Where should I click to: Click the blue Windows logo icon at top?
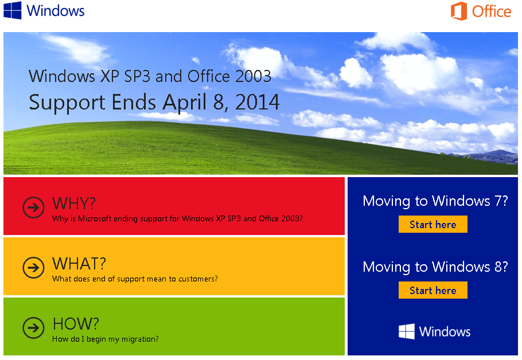tap(12, 10)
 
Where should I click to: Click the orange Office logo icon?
tap(459, 11)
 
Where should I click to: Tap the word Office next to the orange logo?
tap(492, 11)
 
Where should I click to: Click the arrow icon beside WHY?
tap(33, 208)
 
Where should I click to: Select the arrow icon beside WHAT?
tap(33, 268)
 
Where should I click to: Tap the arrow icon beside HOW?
tap(33, 328)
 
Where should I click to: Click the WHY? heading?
tap(74, 203)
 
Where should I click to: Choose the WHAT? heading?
tap(79, 264)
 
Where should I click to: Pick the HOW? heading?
tap(76, 324)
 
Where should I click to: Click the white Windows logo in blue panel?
tap(407, 331)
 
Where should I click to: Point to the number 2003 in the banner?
tap(254, 76)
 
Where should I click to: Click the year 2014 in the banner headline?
tap(257, 102)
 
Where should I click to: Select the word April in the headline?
tap(185, 103)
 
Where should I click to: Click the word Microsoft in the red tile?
tap(95, 218)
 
